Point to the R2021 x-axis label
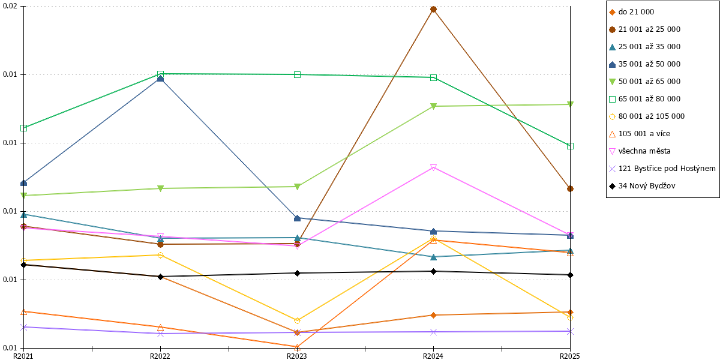point(23,356)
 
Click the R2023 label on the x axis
point(296,356)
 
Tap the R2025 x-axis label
point(570,356)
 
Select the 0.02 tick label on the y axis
point(10,6)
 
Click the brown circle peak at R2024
point(433,10)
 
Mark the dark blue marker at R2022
point(160,79)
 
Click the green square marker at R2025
point(570,146)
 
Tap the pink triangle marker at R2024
point(433,167)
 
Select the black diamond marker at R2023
point(298,273)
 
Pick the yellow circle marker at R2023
point(297,321)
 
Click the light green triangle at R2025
point(570,104)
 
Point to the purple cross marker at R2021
point(23,327)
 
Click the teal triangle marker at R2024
point(433,257)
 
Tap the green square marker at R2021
point(23,128)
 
